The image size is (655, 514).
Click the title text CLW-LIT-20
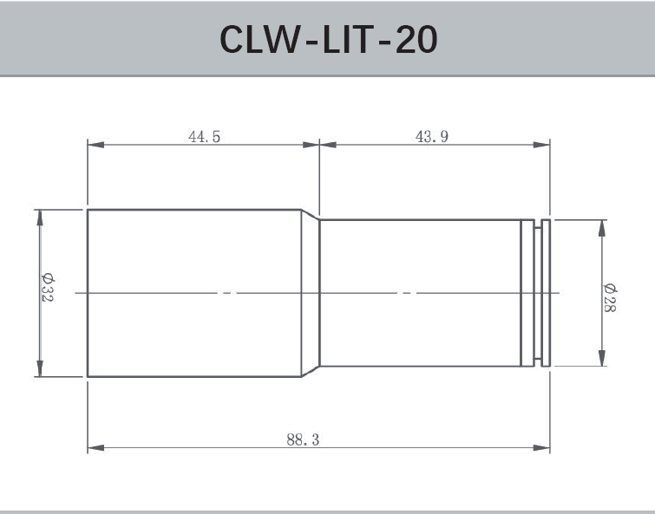coord(328,38)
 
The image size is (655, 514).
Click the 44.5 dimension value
coord(204,136)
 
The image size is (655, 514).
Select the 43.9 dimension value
coord(432,136)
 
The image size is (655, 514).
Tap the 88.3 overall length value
coord(303,439)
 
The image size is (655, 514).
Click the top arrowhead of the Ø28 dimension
coord(601,226)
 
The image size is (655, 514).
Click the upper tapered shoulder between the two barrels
coord(311,214)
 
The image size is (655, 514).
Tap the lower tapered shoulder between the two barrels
coord(311,372)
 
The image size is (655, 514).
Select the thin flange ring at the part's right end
coord(546,293)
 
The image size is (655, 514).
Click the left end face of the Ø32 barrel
coord(88,293)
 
